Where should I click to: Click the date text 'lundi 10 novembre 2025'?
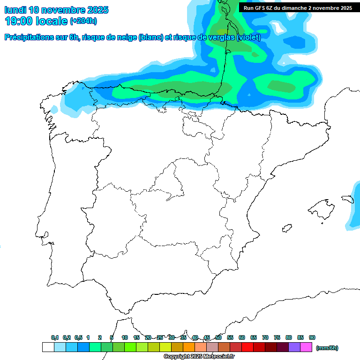[56, 10]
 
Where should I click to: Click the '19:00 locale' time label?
[36, 21]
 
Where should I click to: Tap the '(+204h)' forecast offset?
[83, 22]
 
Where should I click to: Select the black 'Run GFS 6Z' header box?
[298, 8]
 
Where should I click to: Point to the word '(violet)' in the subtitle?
[248, 37]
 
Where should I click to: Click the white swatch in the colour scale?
[48, 347]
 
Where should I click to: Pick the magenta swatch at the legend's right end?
[306, 347]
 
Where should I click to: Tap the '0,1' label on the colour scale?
[55, 337]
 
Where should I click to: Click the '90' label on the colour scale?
[312, 337]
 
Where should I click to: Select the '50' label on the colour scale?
[218, 337]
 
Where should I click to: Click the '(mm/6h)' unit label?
[327, 348]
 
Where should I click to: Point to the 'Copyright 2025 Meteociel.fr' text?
[199, 357]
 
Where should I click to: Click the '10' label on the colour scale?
[125, 337]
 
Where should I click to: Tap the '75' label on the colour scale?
[277, 337]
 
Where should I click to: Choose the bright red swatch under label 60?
[247, 347]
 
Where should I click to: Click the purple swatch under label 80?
[294, 347]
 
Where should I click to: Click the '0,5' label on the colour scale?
[78, 337]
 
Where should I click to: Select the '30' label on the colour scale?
[172, 337]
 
